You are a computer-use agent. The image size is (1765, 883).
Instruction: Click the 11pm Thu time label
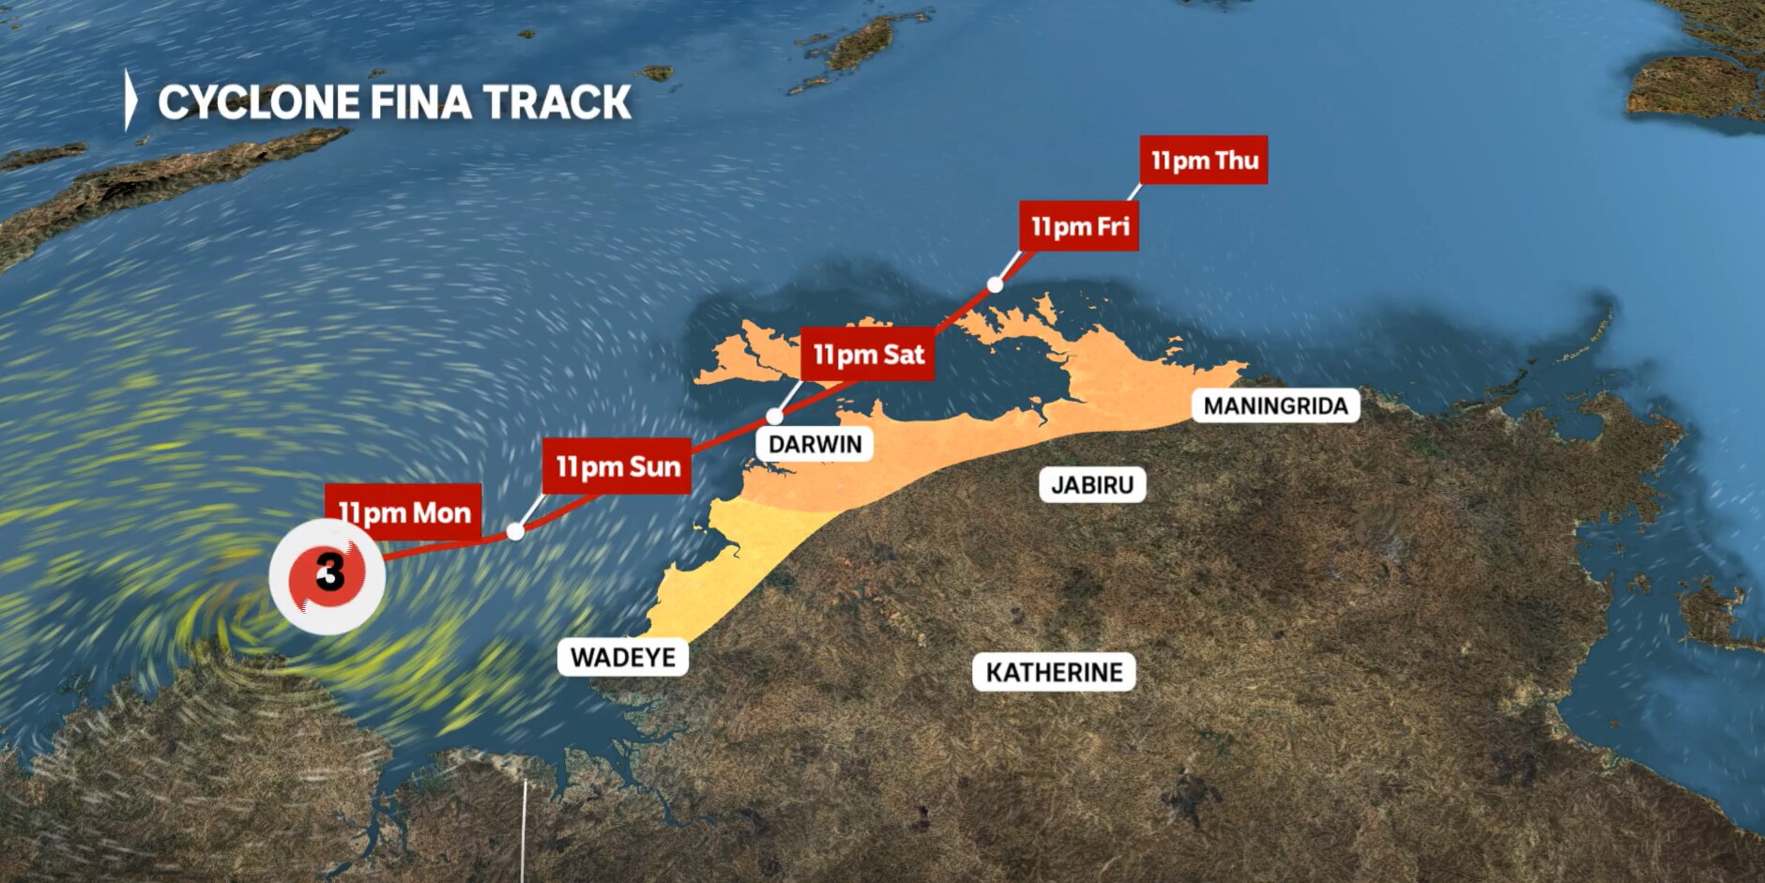click(1204, 160)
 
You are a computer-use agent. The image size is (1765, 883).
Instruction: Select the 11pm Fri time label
click(1079, 226)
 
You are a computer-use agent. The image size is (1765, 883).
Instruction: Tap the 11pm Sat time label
click(868, 355)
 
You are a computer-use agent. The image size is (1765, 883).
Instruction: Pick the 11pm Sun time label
click(617, 466)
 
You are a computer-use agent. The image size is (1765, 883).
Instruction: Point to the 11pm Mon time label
click(403, 512)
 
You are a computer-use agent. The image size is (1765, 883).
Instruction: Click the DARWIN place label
click(814, 444)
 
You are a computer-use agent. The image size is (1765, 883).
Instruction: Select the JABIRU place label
click(1092, 485)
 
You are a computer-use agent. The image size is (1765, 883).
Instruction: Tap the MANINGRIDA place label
click(1275, 406)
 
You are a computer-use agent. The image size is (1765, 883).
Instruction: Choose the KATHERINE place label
click(1054, 673)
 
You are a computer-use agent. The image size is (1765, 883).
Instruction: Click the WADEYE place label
click(623, 657)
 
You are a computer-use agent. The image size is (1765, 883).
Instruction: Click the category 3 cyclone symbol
click(327, 576)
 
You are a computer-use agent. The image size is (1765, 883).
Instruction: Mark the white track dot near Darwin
click(775, 417)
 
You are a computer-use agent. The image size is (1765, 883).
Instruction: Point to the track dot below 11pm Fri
click(995, 284)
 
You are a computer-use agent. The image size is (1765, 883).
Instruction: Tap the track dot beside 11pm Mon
click(515, 532)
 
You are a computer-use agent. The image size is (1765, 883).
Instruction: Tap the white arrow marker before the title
click(130, 100)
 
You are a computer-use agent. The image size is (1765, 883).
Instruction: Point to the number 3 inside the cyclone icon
click(329, 571)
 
